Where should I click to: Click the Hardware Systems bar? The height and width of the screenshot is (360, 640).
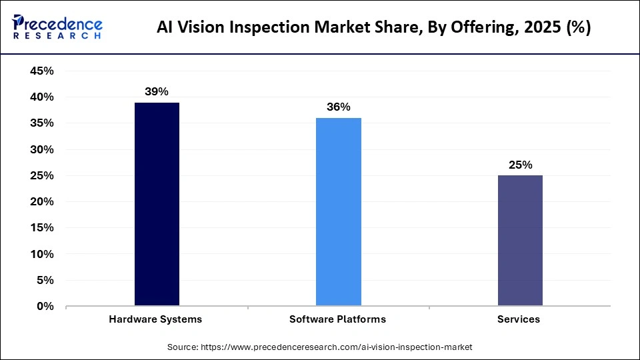pos(157,204)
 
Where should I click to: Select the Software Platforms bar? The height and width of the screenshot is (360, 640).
pos(338,212)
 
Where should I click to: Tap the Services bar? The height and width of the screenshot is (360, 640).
pos(519,241)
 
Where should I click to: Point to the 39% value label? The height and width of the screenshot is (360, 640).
pos(157,91)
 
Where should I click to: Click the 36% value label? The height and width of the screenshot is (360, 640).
pos(338,107)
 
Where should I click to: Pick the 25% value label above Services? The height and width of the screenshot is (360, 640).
pos(520,165)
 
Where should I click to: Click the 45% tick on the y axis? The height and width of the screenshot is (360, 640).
pos(42,71)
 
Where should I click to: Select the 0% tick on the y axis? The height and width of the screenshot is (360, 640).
pos(45,307)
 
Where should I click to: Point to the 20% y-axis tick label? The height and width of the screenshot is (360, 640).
pos(42,202)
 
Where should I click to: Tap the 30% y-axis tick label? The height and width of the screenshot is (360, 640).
pos(42,150)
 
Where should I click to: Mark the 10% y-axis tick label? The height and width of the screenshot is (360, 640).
pos(42,255)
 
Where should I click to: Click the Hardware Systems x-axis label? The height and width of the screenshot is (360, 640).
pos(155,319)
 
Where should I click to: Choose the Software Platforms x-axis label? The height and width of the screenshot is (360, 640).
pos(337,319)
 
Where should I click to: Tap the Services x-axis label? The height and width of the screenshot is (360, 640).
pos(519,319)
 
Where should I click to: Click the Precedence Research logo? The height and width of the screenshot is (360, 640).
pos(57,27)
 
